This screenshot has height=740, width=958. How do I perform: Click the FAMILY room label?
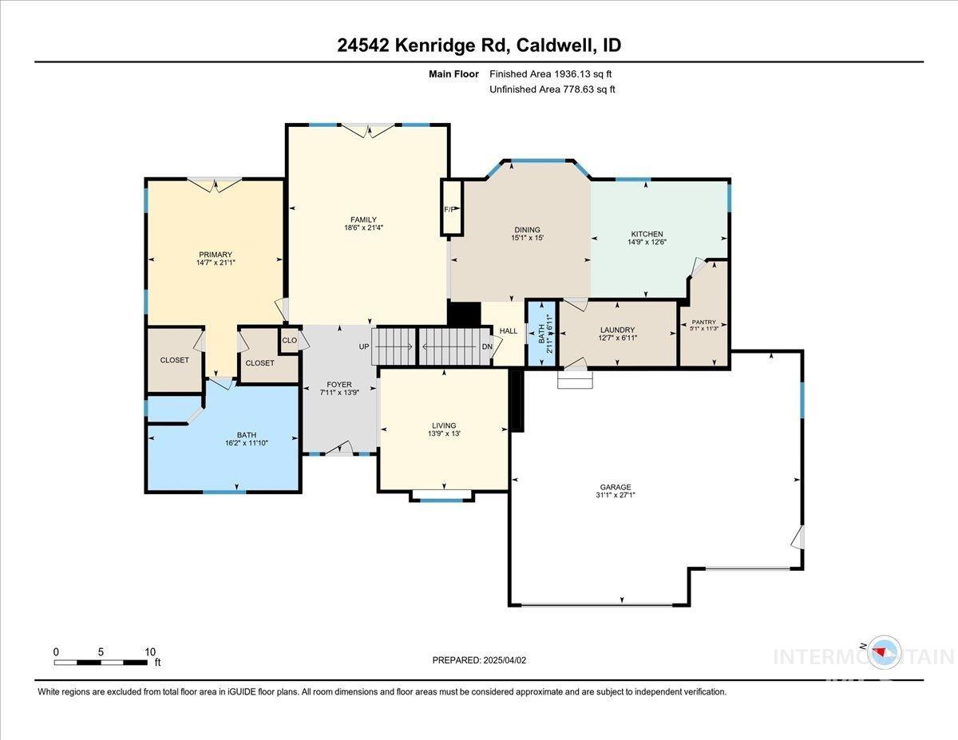363,220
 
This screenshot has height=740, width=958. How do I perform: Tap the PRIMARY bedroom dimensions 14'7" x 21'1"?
216,263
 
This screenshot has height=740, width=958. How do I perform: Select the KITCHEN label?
647,234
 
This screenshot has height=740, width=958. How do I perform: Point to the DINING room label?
527,230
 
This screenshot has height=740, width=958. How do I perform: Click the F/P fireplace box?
451,208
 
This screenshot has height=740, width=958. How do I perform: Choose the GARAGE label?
615,487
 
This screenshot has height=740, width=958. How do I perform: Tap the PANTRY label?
703,323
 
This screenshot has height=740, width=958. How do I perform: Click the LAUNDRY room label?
617,330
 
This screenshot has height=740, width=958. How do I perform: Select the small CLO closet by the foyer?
290,340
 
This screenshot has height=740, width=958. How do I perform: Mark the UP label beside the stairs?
364,346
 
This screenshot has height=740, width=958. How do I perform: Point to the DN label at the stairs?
487,346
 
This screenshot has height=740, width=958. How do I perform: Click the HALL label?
509,330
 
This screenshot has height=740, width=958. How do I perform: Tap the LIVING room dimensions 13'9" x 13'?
444,433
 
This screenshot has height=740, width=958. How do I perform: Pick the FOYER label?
339,385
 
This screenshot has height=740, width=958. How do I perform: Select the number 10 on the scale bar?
150,652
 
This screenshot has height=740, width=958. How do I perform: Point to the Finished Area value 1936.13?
572,74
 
